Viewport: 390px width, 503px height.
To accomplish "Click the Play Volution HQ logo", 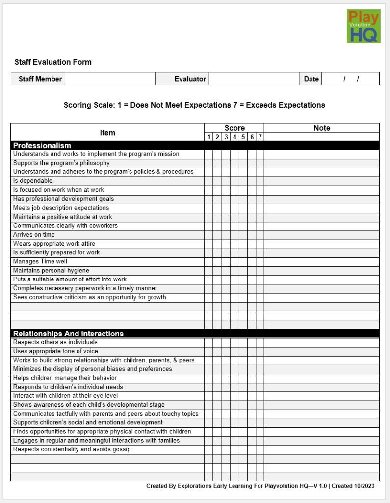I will [x=363, y=26].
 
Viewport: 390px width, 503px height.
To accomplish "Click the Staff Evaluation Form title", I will [x=53, y=62].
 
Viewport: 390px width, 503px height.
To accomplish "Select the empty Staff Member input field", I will [x=110, y=79].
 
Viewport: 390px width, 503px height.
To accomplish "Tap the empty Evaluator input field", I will [x=254, y=79].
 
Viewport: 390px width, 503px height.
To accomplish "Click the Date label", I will [x=311, y=79].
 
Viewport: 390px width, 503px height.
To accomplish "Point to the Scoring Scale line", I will [x=194, y=105].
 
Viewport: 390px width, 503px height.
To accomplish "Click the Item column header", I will [x=107, y=133].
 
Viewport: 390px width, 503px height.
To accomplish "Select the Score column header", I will [x=234, y=128].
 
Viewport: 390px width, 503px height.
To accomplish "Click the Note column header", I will [x=322, y=128].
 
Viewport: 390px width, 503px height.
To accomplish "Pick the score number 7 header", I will [x=260, y=137].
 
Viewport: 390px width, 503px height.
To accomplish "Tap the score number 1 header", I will [x=209, y=137].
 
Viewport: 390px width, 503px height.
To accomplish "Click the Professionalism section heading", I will [x=42, y=146].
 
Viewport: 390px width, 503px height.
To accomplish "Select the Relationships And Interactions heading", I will [x=68, y=334].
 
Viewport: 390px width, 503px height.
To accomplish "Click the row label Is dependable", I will [x=33, y=181].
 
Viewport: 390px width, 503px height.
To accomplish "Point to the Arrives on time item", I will [x=34, y=235].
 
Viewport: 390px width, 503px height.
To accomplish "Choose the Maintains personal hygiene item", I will [x=51, y=271].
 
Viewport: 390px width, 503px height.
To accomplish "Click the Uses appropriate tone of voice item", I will [x=55, y=351].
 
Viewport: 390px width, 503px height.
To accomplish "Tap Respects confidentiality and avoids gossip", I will [x=72, y=449].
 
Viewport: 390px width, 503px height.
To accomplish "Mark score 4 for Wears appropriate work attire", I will [x=235, y=244].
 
